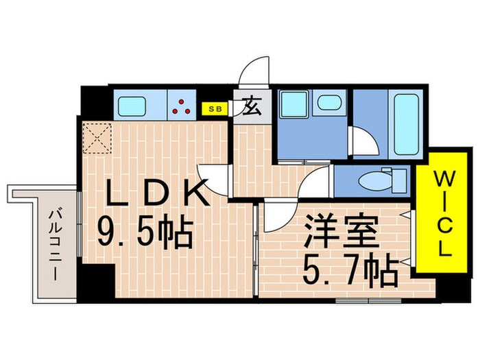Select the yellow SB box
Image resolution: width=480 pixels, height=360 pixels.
[x=214, y=108]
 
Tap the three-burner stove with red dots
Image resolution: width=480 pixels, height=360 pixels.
[x=182, y=106]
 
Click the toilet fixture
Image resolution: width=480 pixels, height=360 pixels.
[x=381, y=182]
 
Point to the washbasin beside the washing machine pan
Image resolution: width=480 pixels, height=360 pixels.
[x=330, y=103]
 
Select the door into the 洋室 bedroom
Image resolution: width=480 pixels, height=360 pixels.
[x=278, y=217]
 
